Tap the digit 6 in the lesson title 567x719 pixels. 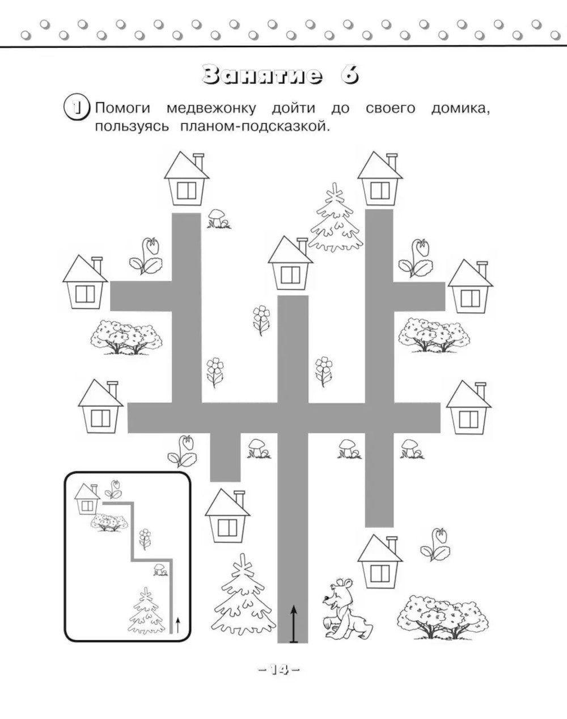[x=349, y=76]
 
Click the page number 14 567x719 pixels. [x=278, y=670]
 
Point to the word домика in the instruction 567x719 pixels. [x=459, y=108]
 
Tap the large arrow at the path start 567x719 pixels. [x=293, y=623]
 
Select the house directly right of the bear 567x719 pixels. [x=379, y=562]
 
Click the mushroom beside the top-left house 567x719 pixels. [x=217, y=218]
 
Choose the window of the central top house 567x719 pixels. [x=290, y=275]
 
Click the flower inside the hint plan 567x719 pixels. [x=145, y=537]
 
